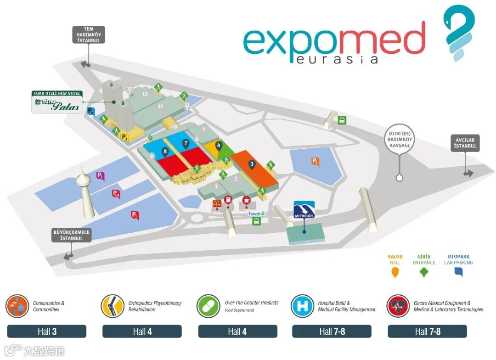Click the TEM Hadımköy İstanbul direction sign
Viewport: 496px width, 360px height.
(89, 34)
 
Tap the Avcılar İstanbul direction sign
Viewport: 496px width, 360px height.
(465, 143)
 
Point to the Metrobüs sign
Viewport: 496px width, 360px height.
(304, 210)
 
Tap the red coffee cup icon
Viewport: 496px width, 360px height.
(246, 200)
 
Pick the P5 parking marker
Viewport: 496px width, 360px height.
(315, 161)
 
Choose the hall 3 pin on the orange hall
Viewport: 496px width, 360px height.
(252, 164)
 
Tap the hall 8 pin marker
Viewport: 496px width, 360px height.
(165, 150)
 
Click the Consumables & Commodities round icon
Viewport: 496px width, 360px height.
(17, 306)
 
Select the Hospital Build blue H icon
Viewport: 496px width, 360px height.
(303, 306)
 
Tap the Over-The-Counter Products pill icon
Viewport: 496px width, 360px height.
(208, 306)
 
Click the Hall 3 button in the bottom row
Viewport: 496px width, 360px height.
(47, 332)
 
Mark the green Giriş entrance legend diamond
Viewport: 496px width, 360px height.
(424, 272)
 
